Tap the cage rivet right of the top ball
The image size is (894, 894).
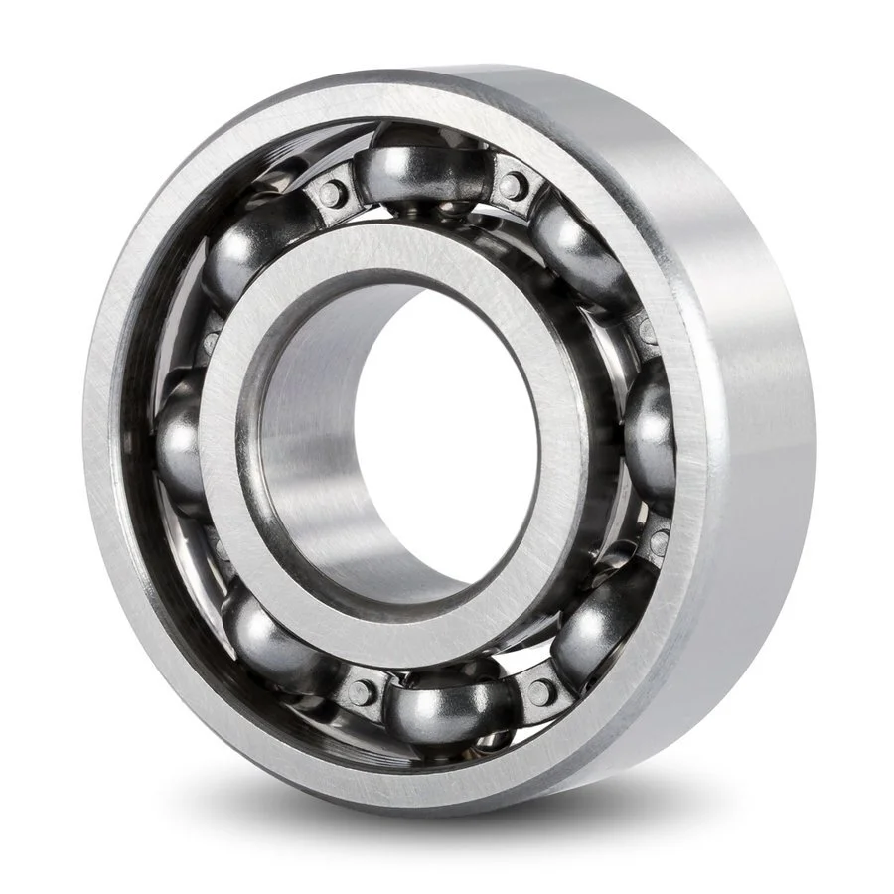tap(514, 183)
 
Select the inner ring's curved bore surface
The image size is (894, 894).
tap(298, 437)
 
